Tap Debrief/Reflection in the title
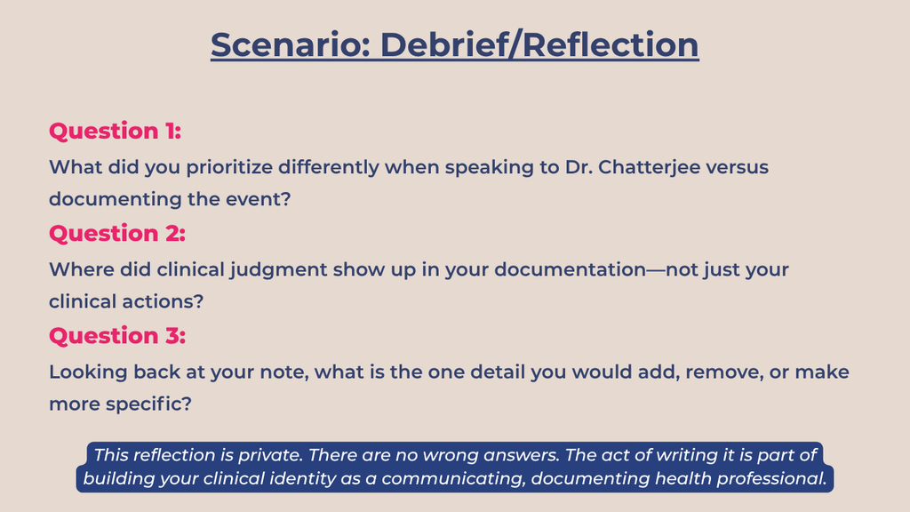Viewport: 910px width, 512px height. pos(539,44)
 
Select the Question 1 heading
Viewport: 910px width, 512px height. pos(115,132)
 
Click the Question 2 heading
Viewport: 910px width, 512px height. pos(117,234)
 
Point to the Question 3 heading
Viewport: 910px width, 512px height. pos(117,335)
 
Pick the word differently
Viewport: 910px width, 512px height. pos(328,168)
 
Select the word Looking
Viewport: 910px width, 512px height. pos(88,372)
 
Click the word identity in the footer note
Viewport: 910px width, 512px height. pos(303,478)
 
